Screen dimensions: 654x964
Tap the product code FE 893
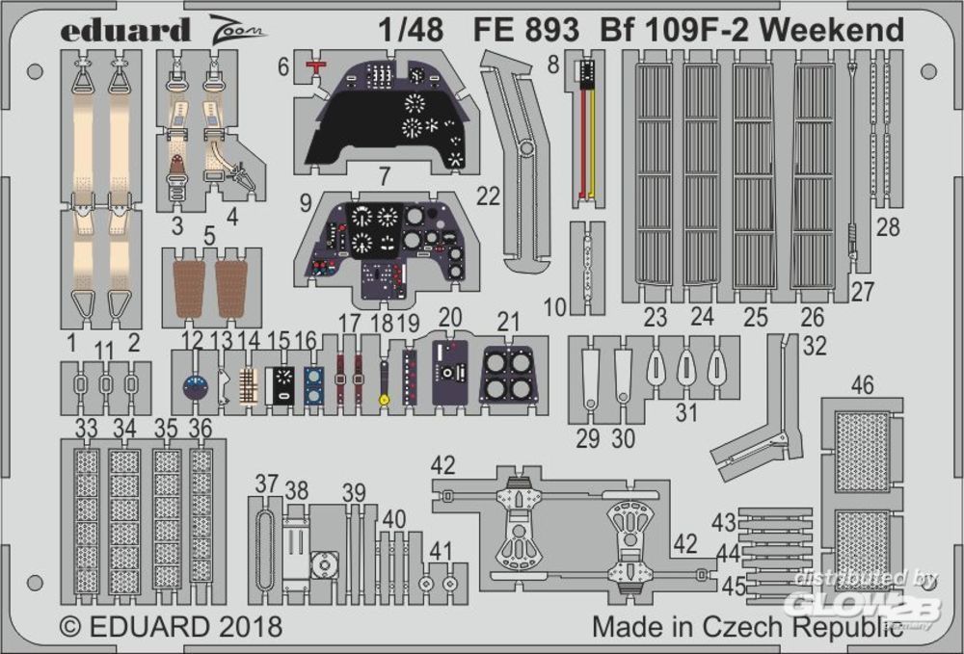tap(525, 30)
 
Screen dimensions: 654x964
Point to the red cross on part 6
tap(313, 65)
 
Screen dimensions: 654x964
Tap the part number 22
tap(488, 196)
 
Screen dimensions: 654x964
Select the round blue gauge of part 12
tap(196, 387)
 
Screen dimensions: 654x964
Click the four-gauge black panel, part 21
tap(507, 374)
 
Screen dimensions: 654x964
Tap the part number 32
tap(815, 348)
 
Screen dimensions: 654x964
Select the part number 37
tap(266, 483)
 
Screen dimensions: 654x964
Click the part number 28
tap(888, 228)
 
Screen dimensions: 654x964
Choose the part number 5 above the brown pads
tap(209, 234)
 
